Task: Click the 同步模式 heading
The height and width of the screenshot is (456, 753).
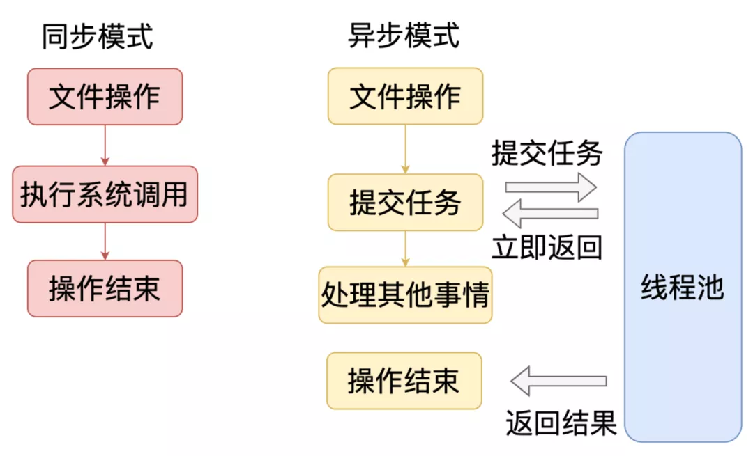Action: click(97, 36)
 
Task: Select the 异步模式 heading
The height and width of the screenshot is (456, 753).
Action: click(404, 36)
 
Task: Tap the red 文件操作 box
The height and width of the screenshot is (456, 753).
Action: click(105, 96)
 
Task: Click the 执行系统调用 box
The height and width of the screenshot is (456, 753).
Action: click(105, 194)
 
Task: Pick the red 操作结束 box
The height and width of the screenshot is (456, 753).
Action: click(105, 288)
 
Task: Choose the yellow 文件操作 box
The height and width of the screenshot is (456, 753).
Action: click(405, 96)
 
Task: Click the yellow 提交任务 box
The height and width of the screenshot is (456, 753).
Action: click(405, 202)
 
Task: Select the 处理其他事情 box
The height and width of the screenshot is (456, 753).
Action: click(405, 294)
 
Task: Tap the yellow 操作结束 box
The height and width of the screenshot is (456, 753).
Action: click(404, 381)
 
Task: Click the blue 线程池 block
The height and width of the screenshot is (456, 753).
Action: click(683, 287)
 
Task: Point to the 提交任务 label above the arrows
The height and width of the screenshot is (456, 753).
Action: click(547, 153)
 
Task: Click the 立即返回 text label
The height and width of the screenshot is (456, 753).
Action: click(547, 247)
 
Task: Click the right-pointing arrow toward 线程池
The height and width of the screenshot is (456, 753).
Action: click(551, 187)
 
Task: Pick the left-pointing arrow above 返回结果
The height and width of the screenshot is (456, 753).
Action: click(558, 381)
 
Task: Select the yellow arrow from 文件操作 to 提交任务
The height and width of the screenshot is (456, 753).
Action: click(405, 149)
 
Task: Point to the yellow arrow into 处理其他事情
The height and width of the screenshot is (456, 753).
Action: click(405, 248)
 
